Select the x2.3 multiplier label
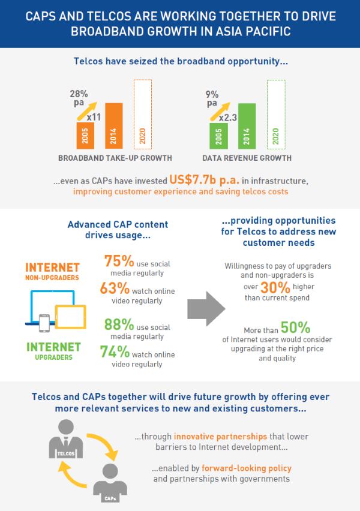227,118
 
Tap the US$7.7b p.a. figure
204,181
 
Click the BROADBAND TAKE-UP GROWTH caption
115,158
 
